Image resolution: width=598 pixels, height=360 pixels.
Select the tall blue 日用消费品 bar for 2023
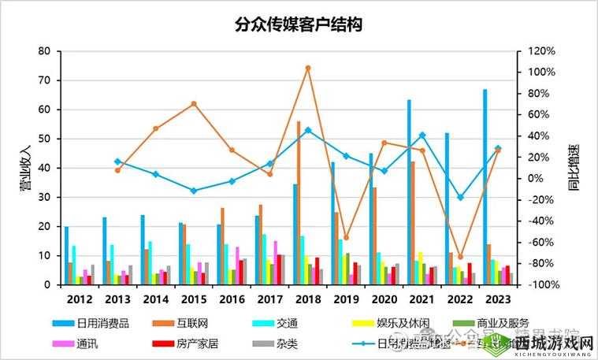[x=485, y=189]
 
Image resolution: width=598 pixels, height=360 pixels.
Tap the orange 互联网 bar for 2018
[x=299, y=203]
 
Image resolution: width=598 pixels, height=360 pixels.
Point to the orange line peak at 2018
[x=308, y=68]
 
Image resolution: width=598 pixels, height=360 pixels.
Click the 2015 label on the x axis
[x=193, y=299]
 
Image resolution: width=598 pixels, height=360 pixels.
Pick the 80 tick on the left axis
[x=44, y=51]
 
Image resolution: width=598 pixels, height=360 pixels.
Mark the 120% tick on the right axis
[x=541, y=51]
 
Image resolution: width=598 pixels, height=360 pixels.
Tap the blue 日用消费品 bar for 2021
[x=409, y=193]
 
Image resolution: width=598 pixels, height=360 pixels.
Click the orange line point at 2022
[x=461, y=257]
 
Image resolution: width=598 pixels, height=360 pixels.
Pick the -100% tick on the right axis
[x=540, y=284]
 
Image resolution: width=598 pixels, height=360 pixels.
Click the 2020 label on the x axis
[x=384, y=299]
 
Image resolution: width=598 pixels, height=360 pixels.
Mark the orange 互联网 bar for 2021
[x=413, y=223]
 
